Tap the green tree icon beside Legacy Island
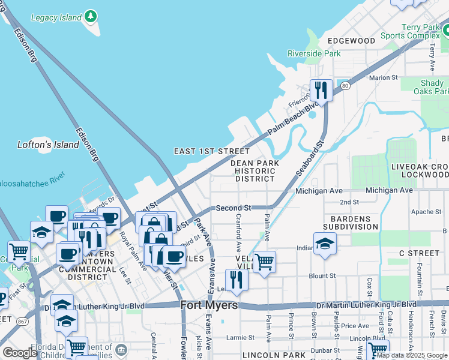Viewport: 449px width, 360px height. pyautogui.click(x=90, y=16)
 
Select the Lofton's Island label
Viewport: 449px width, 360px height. pyautogui.click(x=48, y=145)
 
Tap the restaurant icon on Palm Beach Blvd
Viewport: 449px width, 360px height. pyautogui.click(x=321, y=91)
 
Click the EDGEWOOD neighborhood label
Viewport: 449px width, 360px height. pyautogui.click(x=351, y=40)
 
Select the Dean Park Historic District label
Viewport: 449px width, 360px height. pyautogui.click(x=255, y=171)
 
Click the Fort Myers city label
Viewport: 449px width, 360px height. pyautogui.click(x=209, y=305)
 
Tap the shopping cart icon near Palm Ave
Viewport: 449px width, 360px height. pyautogui.click(x=264, y=262)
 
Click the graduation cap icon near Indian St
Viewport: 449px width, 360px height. pyautogui.click(x=325, y=244)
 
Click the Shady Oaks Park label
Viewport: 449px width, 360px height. pyautogui.click(x=431, y=88)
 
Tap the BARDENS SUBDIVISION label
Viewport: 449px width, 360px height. pyautogui.click(x=351, y=223)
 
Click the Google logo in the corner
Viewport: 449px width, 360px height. pyautogui.click(x=20, y=353)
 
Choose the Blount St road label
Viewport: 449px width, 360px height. pyautogui.click(x=322, y=275)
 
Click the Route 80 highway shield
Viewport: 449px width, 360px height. pyautogui.click(x=345, y=86)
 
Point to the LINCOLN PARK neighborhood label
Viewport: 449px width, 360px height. pyautogui.click(x=275, y=356)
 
